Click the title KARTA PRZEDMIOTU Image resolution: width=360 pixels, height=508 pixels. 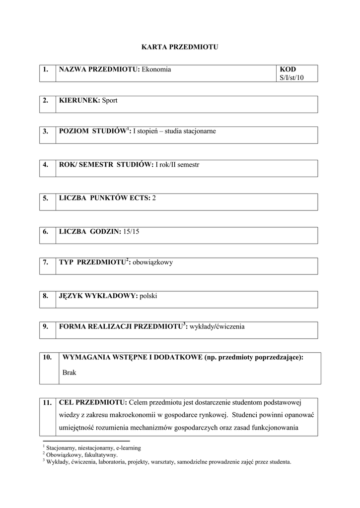tap(180, 47)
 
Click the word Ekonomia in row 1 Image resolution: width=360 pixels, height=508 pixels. tap(156, 69)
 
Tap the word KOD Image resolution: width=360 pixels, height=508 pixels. tap(288, 69)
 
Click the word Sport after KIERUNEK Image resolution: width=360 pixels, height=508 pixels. tap(110, 100)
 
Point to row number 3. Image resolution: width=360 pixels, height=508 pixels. tap(45, 131)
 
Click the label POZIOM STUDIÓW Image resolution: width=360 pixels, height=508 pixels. tap(93, 131)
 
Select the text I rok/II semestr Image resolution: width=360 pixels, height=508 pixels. tap(177, 164)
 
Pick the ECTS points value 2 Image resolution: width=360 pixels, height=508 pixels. tap(154, 198)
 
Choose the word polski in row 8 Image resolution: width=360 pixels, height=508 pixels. tap(148, 296)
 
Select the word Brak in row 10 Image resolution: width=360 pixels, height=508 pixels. tap(70, 372)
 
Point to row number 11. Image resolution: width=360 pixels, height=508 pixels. tap(47, 403)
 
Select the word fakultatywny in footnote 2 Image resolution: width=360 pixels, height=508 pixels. tap(101, 454)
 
